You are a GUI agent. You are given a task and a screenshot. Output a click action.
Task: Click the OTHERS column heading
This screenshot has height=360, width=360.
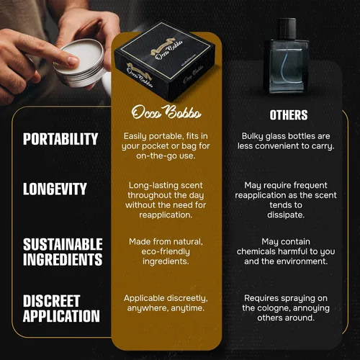click(x=289, y=115)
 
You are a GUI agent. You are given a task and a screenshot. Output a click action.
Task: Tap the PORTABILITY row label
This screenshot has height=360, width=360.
click(x=60, y=139)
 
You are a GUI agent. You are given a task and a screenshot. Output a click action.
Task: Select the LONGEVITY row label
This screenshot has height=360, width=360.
click(x=55, y=189)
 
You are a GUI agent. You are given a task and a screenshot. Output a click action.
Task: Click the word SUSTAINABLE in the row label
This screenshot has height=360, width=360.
click(x=63, y=245)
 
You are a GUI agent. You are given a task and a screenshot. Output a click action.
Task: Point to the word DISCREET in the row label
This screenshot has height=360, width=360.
click(x=51, y=301)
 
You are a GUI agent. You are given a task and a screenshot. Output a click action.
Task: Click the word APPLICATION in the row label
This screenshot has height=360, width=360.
click(x=61, y=316)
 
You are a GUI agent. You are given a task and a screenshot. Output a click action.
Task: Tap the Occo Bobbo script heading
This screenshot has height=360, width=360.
click(x=166, y=112)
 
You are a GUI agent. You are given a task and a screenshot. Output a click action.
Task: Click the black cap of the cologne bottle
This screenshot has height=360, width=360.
click(x=287, y=28)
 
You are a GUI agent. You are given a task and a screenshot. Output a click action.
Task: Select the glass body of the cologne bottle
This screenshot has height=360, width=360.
click(x=286, y=66)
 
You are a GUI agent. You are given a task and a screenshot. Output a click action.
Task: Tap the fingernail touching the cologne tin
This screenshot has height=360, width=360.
click(x=73, y=60)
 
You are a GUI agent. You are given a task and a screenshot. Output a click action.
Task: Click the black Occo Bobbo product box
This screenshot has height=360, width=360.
click(x=165, y=61)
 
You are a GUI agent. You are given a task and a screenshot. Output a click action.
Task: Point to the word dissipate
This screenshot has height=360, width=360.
click(x=286, y=215)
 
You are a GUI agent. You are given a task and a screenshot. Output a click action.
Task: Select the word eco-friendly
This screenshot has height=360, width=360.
click(x=166, y=251)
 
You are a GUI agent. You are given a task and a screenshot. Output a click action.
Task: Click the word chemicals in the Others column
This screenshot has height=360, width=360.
click(x=256, y=251)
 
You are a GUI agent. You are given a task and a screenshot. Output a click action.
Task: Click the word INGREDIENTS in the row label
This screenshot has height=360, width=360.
click(x=63, y=259)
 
